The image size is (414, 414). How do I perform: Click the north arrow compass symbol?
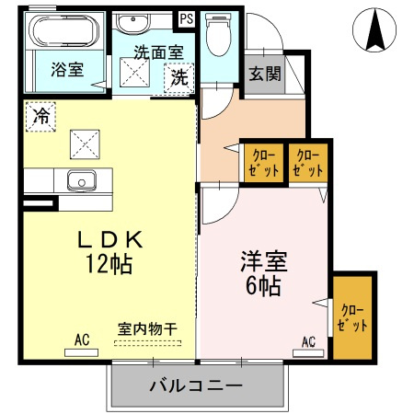374,29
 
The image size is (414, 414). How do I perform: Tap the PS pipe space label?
186,18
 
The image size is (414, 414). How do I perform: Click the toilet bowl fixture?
219,34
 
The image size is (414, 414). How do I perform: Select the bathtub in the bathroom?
64,30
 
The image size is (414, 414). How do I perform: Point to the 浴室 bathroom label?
67,69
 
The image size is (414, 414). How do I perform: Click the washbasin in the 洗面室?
133,23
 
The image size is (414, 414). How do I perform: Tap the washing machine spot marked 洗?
179,78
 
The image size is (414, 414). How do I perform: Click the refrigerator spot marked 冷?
40,117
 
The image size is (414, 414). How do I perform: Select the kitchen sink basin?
82,180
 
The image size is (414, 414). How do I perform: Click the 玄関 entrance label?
265,74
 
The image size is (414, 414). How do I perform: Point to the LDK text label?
110,239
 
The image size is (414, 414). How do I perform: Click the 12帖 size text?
109,263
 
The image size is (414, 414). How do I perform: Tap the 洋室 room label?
264,262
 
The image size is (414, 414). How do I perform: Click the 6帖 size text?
264,285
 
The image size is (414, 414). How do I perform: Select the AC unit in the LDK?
82,352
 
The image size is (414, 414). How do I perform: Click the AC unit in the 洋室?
308,353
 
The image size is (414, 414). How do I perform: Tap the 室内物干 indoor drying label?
147,329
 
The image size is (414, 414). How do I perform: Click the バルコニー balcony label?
196,385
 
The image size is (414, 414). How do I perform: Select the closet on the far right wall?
352,317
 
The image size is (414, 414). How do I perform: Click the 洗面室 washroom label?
158,52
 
